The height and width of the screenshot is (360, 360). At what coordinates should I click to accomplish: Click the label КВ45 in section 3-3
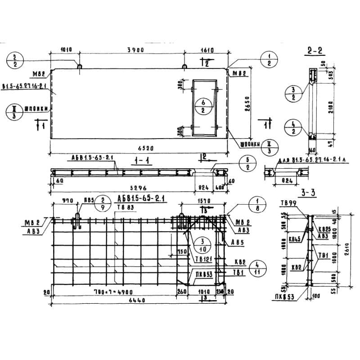tap(295, 238)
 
